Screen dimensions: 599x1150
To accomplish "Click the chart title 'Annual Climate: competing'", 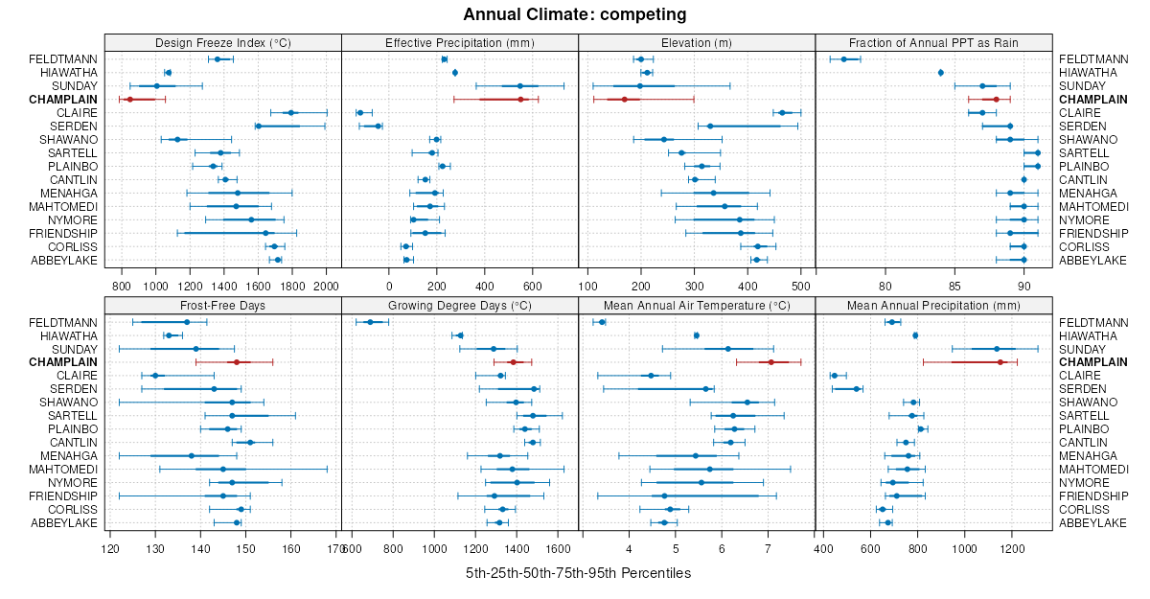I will [x=575, y=14].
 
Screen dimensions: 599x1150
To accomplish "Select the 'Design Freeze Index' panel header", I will [x=222, y=42].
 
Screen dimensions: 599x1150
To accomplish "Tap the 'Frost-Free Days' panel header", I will [x=222, y=306].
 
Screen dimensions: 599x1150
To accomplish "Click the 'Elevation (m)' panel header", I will [x=697, y=42].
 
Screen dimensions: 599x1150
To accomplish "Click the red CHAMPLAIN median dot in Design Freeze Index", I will [x=129, y=99].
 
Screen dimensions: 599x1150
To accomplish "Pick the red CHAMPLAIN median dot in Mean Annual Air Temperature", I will [x=770, y=362].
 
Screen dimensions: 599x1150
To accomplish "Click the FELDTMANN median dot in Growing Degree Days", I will [x=370, y=322].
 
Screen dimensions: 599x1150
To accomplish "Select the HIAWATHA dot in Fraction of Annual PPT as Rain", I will [x=941, y=73].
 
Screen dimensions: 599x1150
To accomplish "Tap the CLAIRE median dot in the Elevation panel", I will [x=782, y=113].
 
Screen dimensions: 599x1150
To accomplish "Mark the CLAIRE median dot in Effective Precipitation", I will [x=359, y=113].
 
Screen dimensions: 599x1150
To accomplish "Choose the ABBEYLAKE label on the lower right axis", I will [x=1092, y=523].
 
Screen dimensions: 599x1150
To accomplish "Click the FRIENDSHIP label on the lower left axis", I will [x=62, y=496].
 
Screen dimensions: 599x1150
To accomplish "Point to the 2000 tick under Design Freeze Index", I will [x=326, y=286].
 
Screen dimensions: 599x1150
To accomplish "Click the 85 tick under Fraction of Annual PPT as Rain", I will [x=954, y=286].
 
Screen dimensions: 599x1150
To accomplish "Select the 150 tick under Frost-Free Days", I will [x=245, y=549].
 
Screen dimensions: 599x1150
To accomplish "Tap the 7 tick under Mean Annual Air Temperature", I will [x=768, y=549].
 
